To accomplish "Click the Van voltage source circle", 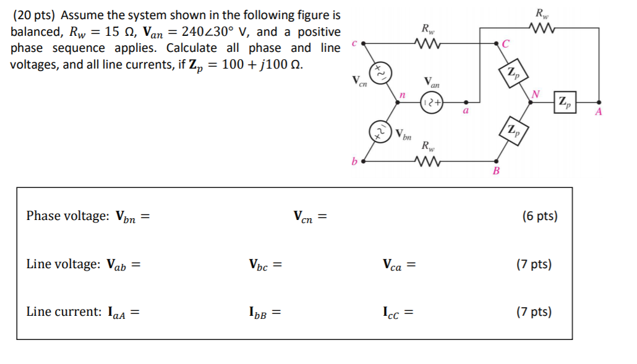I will click(431, 102).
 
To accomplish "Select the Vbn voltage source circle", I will click(380, 130).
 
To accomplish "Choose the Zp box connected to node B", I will click(514, 130).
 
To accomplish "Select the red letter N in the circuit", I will click(536, 94).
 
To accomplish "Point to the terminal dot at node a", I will click(466, 102).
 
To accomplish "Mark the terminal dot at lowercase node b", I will click(363, 161).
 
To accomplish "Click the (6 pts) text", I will click(539, 216).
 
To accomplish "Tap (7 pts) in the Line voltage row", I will click(534, 265).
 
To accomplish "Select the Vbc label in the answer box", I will click(261, 265).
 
